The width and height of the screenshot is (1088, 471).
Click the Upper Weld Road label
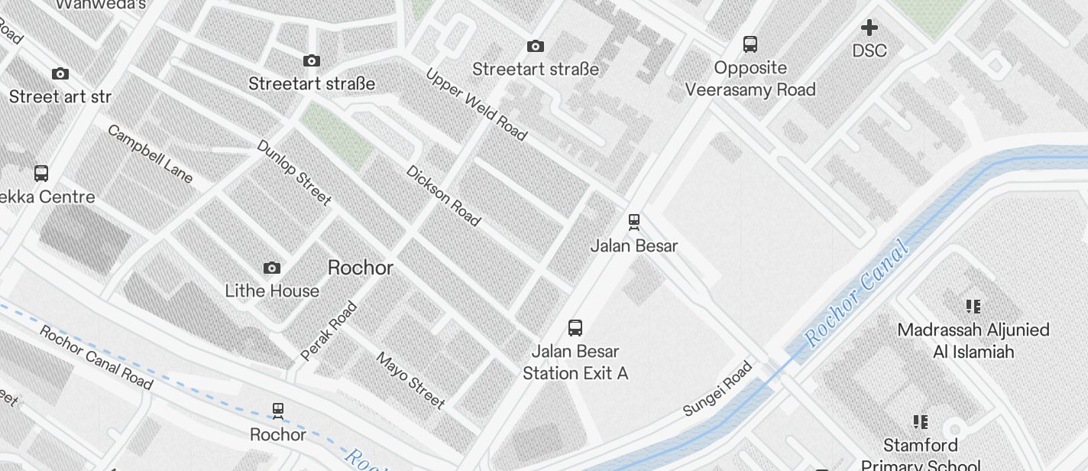(x=476, y=105)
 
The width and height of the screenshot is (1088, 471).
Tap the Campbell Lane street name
(x=150, y=154)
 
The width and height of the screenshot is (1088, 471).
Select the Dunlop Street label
(x=293, y=172)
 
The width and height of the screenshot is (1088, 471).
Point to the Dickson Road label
(x=443, y=196)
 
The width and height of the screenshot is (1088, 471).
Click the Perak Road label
(x=329, y=331)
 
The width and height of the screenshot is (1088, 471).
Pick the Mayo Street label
(x=410, y=380)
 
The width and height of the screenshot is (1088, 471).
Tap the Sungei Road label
(x=717, y=388)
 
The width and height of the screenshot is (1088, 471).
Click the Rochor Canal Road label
(x=96, y=357)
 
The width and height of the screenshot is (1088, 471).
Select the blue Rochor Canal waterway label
(x=857, y=293)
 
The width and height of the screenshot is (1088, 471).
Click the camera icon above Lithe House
(x=271, y=268)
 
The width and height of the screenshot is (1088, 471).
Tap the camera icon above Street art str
(x=60, y=74)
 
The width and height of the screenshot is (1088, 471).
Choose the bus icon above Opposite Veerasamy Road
(x=750, y=44)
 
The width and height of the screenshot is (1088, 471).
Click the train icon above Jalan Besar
(x=633, y=222)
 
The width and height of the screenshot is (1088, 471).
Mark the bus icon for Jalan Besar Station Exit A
(x=575, y=328)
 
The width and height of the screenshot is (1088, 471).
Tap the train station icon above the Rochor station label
(x=277, y=411)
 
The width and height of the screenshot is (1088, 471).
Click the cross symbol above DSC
(x=869, y=28)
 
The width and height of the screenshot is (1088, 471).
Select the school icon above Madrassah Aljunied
(x=973, y=307)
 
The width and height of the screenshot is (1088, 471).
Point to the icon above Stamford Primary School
(x=920, y=421)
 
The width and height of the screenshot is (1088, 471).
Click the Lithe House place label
(x=272, y=291)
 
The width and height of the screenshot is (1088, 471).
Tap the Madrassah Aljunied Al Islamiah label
(x=973, y=341)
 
